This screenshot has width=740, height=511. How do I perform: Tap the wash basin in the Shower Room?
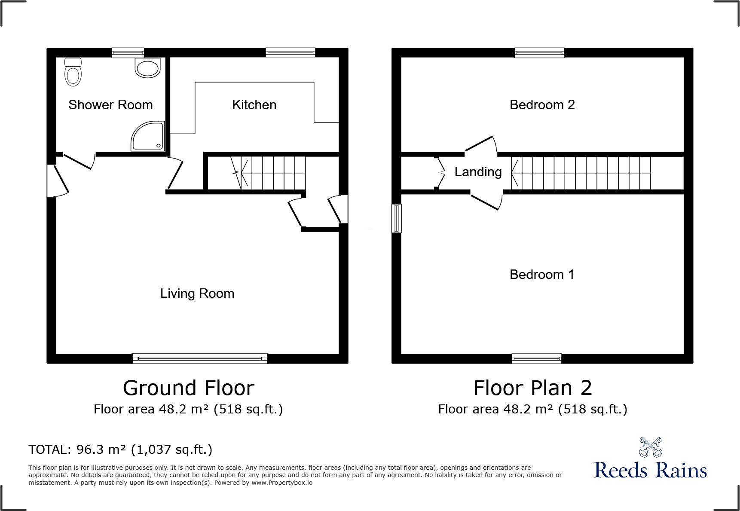[147, 68]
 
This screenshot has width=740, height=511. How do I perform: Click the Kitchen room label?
[254, 105]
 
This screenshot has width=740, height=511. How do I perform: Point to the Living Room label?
[197, 294]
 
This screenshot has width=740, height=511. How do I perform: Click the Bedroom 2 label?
[542, 105]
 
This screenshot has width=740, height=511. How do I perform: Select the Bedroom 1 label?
[541, 275]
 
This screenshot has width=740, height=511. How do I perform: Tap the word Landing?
[478, 172]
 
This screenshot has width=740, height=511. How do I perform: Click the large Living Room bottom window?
[200, 358]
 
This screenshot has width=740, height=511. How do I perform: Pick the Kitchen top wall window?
[290, 52]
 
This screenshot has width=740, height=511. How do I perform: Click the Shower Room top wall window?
[128, 52]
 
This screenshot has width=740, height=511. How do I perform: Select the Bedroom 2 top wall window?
[539, 52]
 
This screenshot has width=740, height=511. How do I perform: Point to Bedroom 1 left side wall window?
[397, 218]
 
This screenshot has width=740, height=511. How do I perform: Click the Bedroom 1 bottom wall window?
[536, 358]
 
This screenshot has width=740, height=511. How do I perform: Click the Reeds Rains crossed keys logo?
[650, 447]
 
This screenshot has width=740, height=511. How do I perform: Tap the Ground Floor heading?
[189, 388]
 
